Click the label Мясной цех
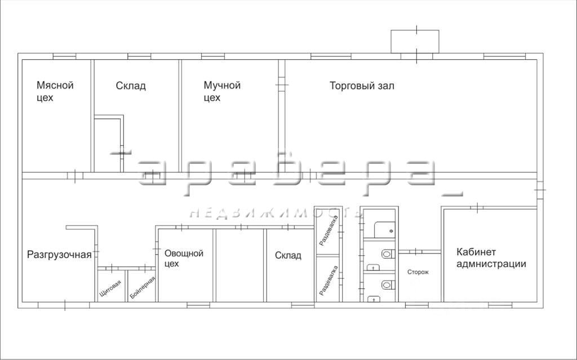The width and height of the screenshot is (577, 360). (x=55, y=91)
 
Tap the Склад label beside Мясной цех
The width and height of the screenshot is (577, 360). (x=131, y=86)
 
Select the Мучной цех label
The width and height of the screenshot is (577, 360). (x=222, y=91)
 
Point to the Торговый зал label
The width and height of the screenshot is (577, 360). (x=362, y=86)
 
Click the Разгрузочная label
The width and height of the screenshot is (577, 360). (x=59, y=255)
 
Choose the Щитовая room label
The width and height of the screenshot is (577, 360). (x=110, y=288)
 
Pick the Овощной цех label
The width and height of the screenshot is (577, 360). (x=183, y=258)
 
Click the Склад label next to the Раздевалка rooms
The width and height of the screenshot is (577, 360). (x=288, y=255)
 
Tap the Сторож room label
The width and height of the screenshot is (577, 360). (x=418, y=272)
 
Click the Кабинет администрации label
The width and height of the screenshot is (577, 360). (x=491, y=258)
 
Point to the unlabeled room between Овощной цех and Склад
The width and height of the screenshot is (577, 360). (x=240, y=265)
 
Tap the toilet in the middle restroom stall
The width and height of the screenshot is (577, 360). (x=387, y=255)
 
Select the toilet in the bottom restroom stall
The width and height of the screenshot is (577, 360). (x=387, y=285)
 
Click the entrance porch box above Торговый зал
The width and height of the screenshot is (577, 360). (x=415, y=41)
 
